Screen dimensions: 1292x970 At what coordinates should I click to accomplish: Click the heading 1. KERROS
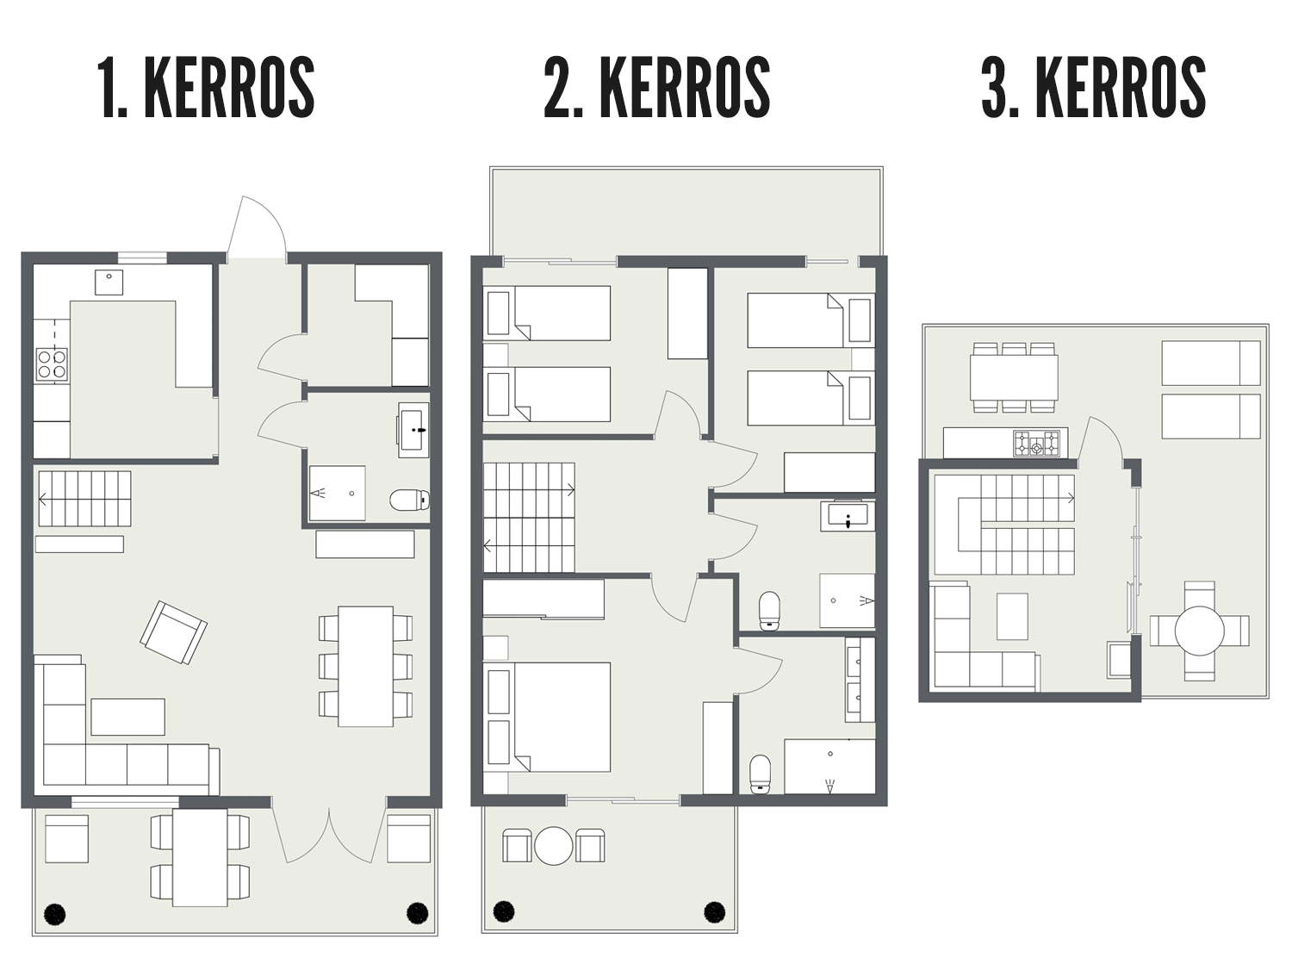pos(206,87)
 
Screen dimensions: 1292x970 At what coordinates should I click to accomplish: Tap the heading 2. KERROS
pos(657,87)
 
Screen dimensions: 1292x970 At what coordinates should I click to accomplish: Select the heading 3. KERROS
pos(1094,87)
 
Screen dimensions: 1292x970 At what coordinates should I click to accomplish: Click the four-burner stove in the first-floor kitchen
pos(52,364)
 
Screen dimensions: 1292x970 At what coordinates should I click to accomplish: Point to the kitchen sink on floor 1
pos(109,282)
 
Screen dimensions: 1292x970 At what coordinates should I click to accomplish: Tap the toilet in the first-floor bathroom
pos(409,501)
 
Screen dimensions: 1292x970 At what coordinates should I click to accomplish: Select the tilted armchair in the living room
pos(174,632)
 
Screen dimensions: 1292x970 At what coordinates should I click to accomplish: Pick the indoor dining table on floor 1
pos(365,666)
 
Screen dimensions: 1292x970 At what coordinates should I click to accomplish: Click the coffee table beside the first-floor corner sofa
pos(127,717)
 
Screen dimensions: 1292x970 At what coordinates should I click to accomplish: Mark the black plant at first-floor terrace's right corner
pos(418,913)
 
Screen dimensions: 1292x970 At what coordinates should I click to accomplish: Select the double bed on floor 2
pos(547,717)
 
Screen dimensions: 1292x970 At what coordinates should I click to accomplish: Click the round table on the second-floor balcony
pos(553,846)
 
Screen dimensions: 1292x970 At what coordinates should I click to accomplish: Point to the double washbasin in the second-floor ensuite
pos(860,679)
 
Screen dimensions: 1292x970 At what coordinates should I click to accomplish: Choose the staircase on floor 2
pos(529,518)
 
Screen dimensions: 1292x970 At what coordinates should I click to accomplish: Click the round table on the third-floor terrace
pos(1200,631)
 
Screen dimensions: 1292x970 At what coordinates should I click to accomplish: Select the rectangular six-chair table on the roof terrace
pos(1014,376)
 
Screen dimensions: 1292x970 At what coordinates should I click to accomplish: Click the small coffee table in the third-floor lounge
pos(1012,616)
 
